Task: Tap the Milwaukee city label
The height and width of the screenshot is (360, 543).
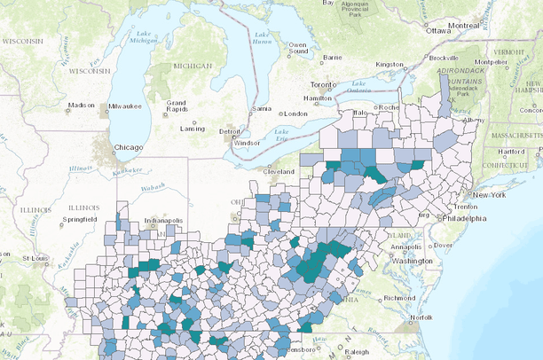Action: [x=124, y=106]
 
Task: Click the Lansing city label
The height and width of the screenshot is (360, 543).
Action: [x=193, y=129]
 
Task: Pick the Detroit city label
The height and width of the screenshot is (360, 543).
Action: [x=230, y=132]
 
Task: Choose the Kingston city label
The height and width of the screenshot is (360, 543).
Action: [x=390, y=65]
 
